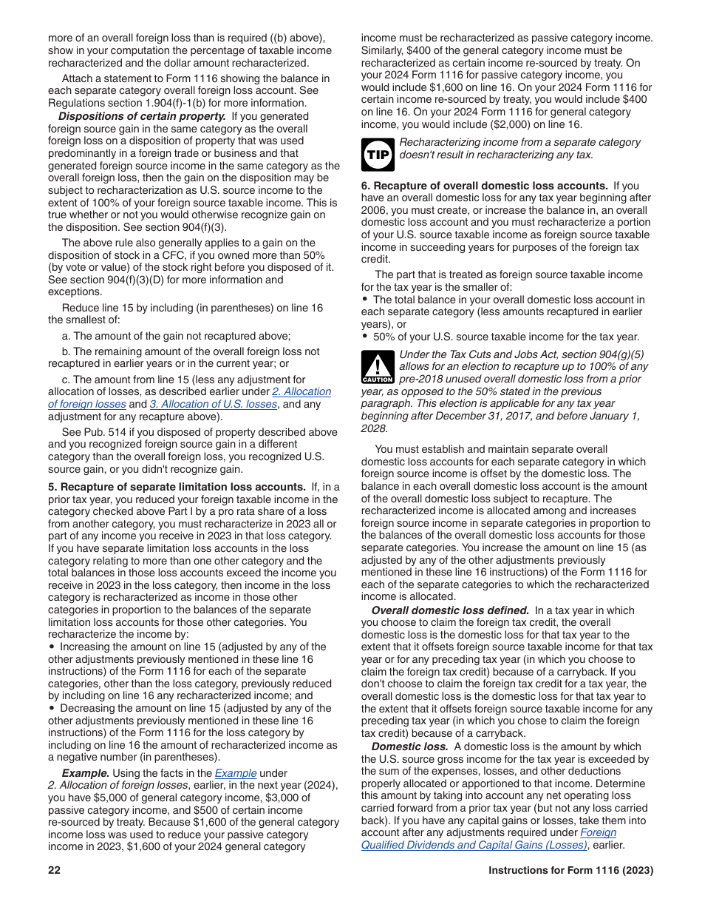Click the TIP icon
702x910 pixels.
click(378, 155)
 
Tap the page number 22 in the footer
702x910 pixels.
click(54, 871)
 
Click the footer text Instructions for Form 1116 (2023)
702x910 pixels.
click(570, 871)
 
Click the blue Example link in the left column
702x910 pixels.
click(235, 773)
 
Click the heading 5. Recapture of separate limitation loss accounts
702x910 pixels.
click(177, 487)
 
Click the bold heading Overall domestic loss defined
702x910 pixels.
click(450, 610)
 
